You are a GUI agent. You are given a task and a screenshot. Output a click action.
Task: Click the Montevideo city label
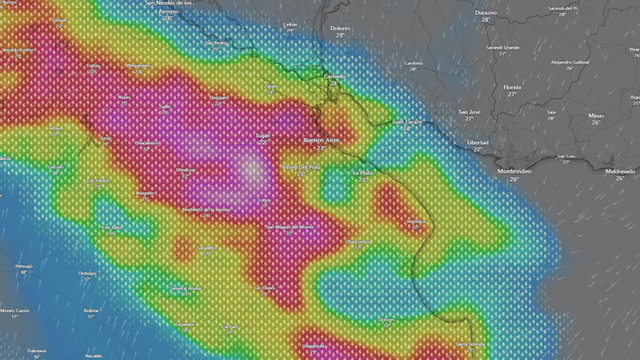(x=514, y=171)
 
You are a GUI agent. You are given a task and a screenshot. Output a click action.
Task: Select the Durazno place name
(x=486, y=13)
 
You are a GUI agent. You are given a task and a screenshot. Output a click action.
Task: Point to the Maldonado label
(x=620, y=171)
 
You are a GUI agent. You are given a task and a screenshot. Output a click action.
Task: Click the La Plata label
(x=363, y=172)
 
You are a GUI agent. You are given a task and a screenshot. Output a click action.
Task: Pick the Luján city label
(x=263, y=135)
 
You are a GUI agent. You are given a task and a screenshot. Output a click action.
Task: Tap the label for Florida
(x=512, y=87)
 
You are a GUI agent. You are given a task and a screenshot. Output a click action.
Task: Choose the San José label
(x=470, y=112)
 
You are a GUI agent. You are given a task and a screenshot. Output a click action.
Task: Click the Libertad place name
(x=477, y=142)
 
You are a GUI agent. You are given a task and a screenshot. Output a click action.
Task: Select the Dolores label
(x=340, y=29)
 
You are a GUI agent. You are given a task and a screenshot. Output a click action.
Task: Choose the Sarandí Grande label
(x=503, y=47)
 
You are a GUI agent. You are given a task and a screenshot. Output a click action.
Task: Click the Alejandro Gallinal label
(x=569, y=62)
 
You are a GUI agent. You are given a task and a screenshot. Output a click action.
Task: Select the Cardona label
(x=413, y=64)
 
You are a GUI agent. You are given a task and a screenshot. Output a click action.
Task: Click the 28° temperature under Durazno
(x=486, y=20)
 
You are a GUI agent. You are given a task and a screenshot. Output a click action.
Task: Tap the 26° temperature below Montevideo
(x=514, y=179)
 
